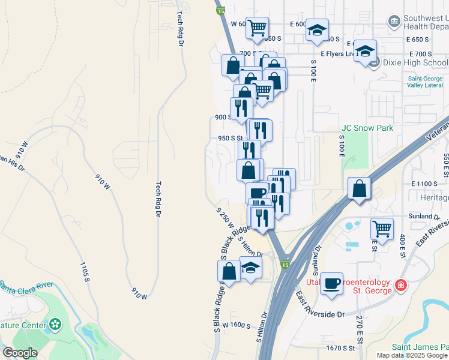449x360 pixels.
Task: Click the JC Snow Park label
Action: click(367, 128)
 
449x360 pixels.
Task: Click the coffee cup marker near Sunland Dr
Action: click(331, 283)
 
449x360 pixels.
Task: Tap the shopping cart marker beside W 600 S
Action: click(257, 28)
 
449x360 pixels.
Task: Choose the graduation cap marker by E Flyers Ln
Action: click(364, 51)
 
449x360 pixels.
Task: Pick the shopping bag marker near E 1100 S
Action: click(358, 189)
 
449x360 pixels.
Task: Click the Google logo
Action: click(20, 353)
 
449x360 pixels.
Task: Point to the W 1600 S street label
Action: click(236, 325)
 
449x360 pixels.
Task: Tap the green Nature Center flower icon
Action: click(56, 325)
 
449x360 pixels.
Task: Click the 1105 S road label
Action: click(85, 271)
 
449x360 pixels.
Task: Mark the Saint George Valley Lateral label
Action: click(426, 82)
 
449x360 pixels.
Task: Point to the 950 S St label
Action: click(230, 138)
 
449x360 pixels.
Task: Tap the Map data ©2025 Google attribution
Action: click(412, 355)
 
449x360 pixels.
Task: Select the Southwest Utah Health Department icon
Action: click(394, 22)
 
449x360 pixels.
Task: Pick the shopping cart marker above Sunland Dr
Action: click(382, 228)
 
